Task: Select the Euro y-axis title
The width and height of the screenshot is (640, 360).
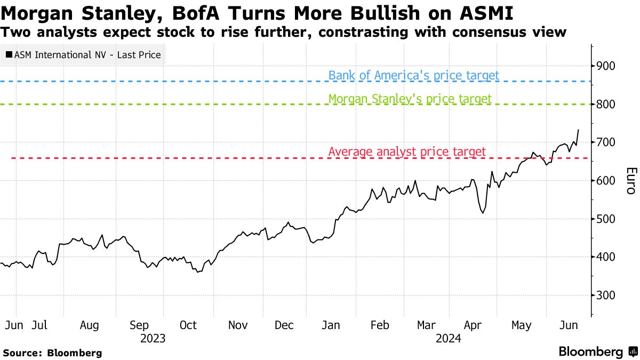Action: [x=630, y=181]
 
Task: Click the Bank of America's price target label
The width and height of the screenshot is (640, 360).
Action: [x=414, y=75]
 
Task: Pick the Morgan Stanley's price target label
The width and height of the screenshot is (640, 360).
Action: [x=410, y=99]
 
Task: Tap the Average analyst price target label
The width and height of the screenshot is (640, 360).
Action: [x=407, y=152]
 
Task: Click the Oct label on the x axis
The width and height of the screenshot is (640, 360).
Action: [x=188, y=325]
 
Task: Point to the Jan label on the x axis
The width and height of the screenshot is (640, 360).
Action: [x=332, y=325]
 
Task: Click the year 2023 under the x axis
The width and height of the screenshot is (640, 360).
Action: [x=153, y=338]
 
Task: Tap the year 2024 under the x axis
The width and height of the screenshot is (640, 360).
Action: [x=449, y=338]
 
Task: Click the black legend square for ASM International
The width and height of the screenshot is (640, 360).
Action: [x=9, y=55]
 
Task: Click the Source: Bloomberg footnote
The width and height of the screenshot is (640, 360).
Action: [x=52, y=353]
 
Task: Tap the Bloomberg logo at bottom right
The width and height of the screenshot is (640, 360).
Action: [x=597, y=351]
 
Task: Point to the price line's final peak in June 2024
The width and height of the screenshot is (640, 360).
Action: [x=579, y=130]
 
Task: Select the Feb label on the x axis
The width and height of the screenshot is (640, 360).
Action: [x=379, y=325]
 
